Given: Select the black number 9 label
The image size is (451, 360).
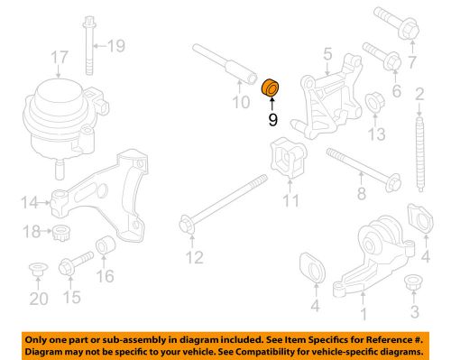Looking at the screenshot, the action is point(272,117).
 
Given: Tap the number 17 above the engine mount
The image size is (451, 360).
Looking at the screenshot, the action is point(59,60).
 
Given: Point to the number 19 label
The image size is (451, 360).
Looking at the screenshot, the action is point(118,44).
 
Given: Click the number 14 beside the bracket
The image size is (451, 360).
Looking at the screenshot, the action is point(30,202).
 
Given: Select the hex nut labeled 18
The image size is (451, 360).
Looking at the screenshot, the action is point(62,234).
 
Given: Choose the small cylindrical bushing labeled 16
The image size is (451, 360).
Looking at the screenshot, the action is point(106,246).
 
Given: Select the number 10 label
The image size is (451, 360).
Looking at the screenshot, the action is point(238,103).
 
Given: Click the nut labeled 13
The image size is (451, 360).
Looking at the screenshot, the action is point(373,110).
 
